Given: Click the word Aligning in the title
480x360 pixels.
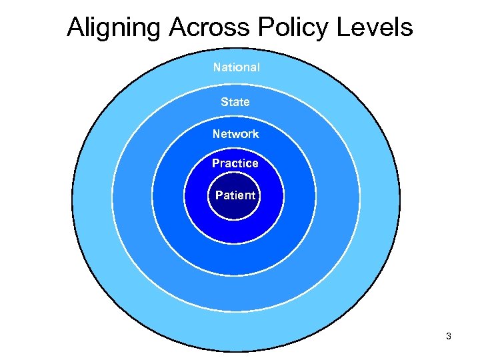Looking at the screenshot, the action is click(115, 28).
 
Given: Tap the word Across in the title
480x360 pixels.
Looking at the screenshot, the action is click(211, 28).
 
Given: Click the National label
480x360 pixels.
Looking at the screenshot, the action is click(237, 67).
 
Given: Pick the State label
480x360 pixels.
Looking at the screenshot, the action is click(235, 102).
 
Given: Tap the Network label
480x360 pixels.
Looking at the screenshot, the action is click(236, 134).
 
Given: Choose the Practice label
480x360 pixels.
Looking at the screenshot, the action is click(235, 163).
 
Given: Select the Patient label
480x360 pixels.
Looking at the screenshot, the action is click(235, 195).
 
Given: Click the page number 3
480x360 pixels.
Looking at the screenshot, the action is click(449, 337).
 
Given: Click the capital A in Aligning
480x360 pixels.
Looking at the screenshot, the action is click(76, 28).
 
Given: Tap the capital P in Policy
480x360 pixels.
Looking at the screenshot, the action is click(265, 28).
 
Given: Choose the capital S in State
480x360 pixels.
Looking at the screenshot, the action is click(224, 102).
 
